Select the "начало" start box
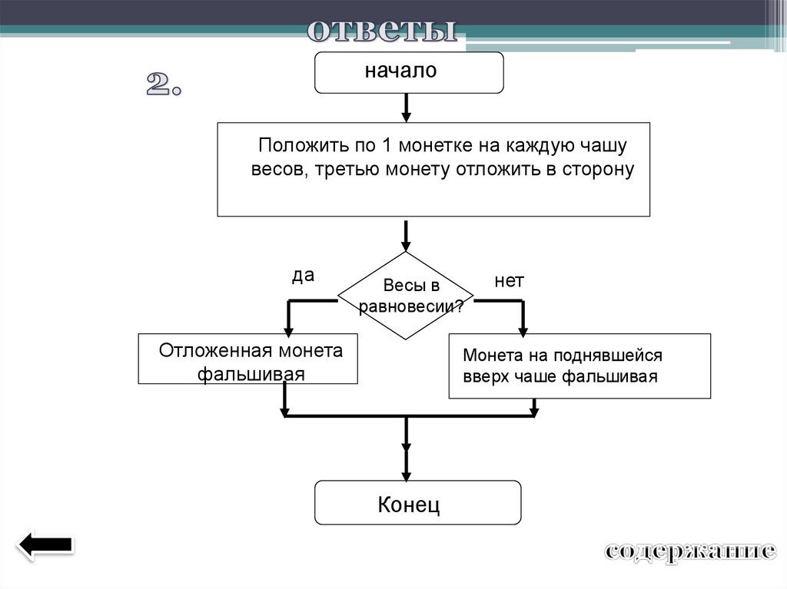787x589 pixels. (x=409, y=72)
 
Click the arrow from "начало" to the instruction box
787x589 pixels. (x=406, y=107)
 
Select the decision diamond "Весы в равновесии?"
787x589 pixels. (x=406, y=296)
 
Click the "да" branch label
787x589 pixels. (x=303, y=276)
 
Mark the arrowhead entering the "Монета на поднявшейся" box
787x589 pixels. (x=523, y=329)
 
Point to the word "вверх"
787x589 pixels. (x=481, y=376)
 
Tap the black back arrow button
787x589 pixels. (x=45, y=546)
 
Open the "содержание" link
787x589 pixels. (x=689, y=551)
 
